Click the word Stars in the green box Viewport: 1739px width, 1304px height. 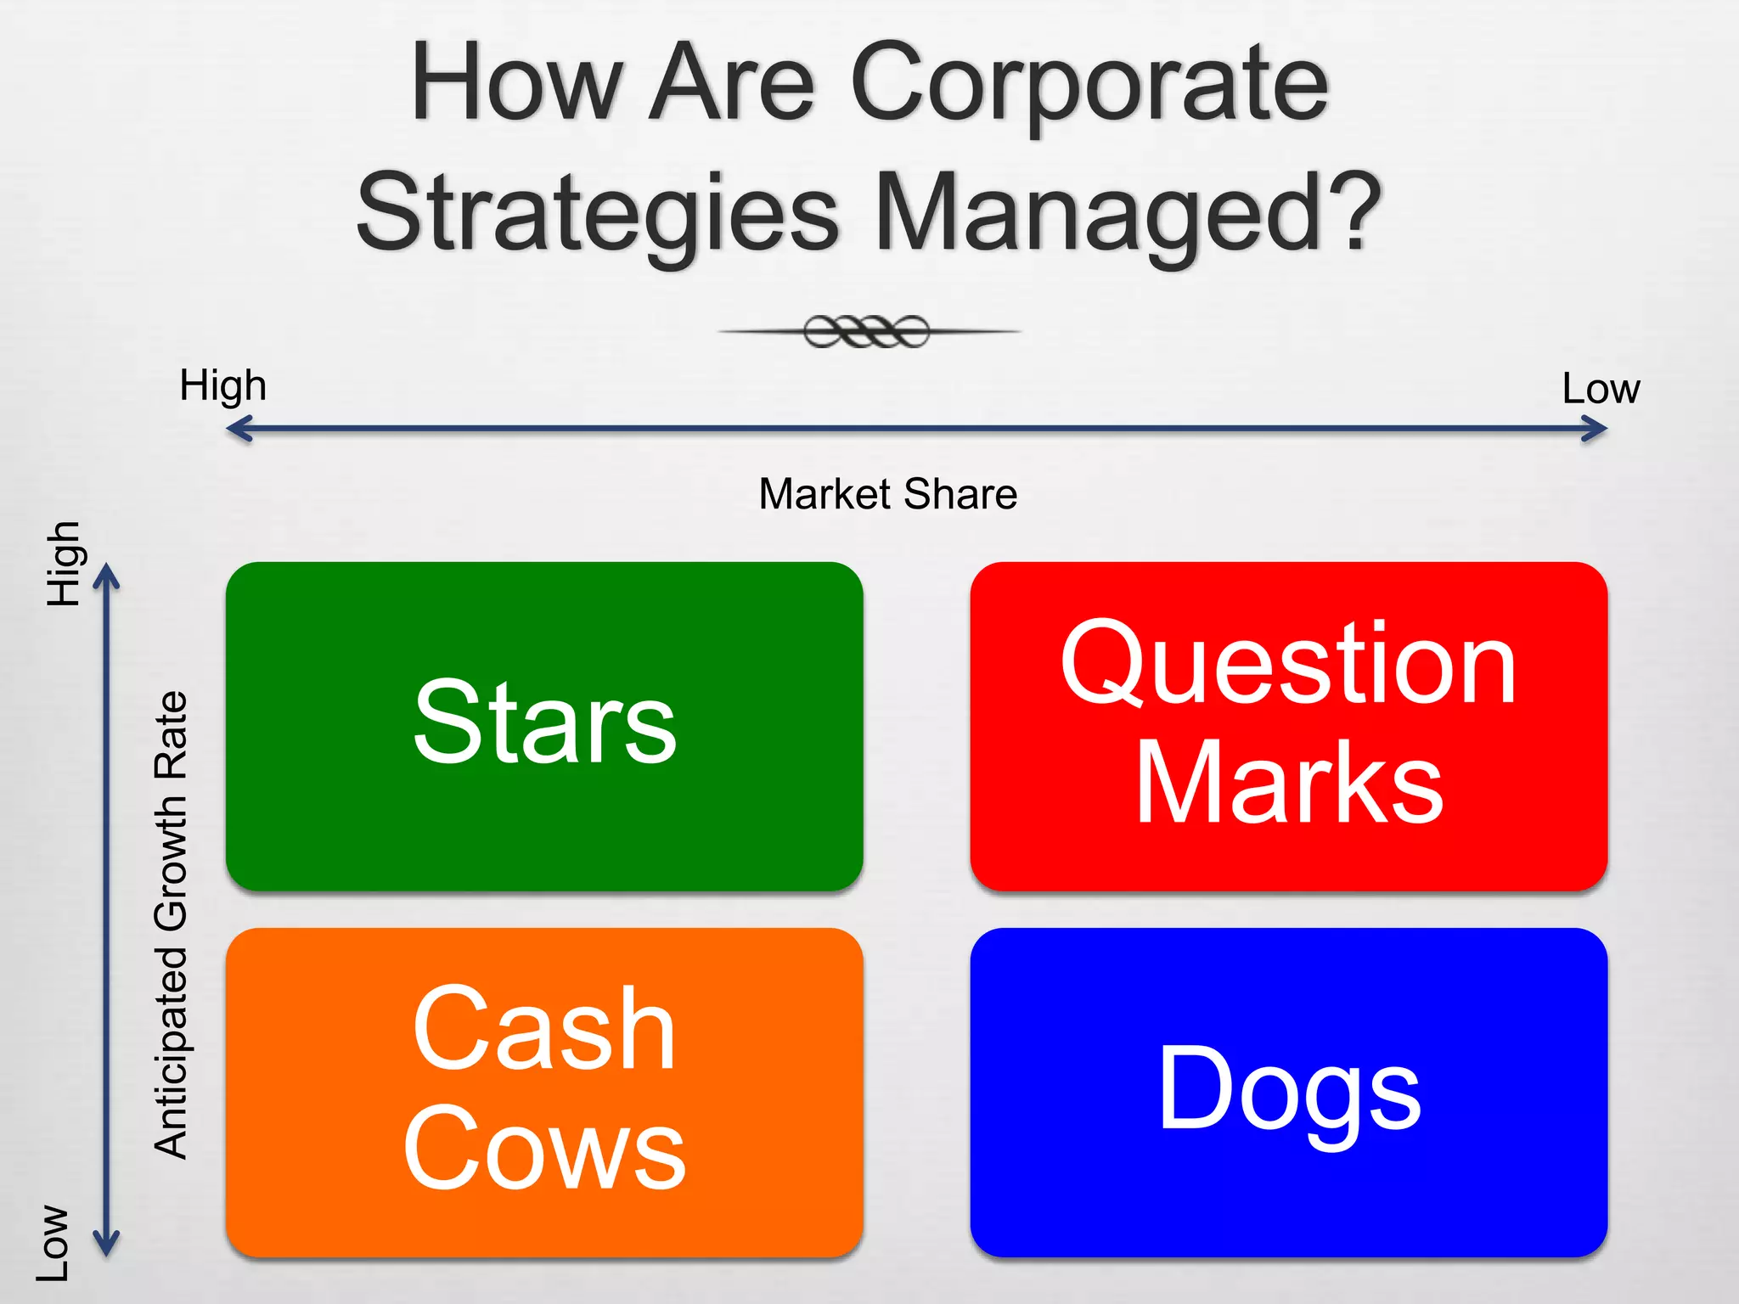point(544,722)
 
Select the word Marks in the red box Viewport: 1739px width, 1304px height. point(1288,783)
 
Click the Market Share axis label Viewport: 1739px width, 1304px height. point(887,494)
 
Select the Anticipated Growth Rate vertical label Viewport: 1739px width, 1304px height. point(171,925)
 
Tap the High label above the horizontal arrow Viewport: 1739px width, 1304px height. point(222,385)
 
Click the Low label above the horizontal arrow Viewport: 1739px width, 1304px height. point(1601,389)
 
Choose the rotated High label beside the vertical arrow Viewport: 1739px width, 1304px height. point(63,564)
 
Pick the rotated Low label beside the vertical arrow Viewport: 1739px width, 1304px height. point(53,1242)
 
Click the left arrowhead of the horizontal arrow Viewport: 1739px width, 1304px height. point(239,429)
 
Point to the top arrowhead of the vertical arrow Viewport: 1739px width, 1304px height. point(106,577)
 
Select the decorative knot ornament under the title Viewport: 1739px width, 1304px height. point(867,331)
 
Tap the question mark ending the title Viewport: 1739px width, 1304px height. point(1351,212)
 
